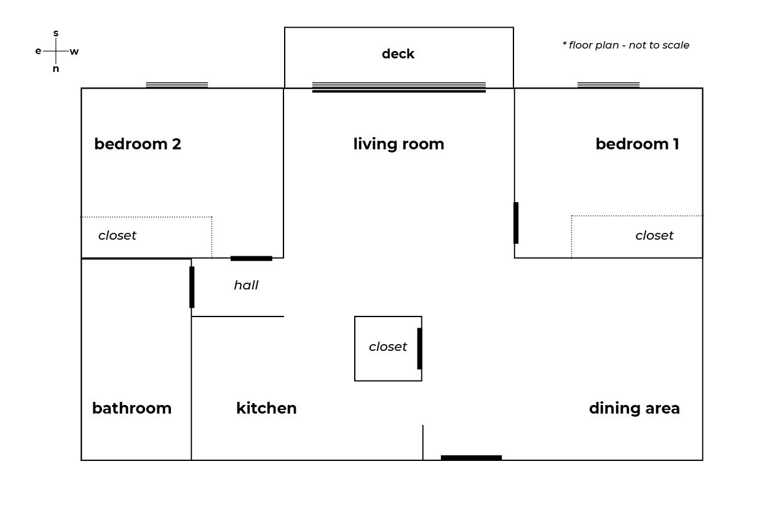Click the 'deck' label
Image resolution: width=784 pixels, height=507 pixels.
[398, 54]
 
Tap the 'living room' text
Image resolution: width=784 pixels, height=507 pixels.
[398, 144]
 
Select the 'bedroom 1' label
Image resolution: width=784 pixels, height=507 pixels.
[638, 144]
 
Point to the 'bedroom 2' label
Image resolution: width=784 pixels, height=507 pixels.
[138, 144]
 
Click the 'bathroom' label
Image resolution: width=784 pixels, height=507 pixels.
[132, 408]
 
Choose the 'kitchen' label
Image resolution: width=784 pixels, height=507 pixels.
[266, 408]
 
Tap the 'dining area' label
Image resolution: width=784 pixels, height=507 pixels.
[634, 408]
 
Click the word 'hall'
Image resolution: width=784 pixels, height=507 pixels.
[246, 285]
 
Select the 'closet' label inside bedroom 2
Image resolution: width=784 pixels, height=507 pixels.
[117, 235]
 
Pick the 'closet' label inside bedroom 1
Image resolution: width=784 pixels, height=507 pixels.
[654, 235]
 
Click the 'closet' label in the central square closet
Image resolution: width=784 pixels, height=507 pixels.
[388, 347]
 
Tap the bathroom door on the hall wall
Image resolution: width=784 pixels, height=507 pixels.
[192, 287]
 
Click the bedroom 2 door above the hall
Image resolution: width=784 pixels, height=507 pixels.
[251, 259]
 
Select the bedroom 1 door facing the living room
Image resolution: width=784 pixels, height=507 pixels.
[516, 223]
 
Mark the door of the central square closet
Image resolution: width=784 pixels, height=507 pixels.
[419, 348]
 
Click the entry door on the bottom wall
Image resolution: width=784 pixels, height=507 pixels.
[471, 458]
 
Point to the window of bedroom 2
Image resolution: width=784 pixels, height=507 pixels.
[176, 85]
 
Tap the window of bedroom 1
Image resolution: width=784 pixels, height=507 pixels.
[608, 85]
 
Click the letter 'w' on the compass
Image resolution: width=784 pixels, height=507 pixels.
[74, 52]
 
